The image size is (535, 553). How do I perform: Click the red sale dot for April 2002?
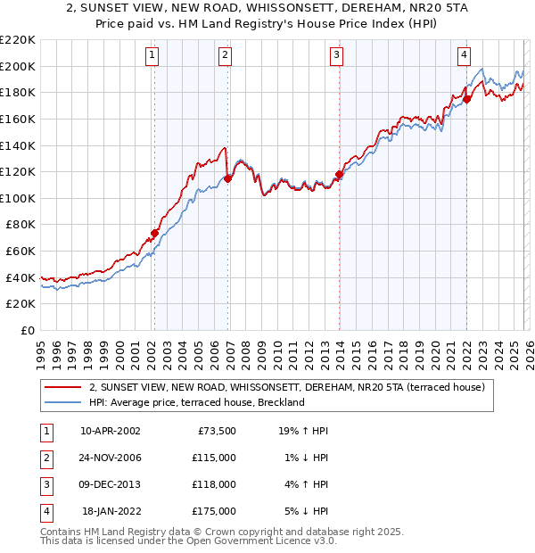(154, 233)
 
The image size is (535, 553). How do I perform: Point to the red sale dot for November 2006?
(227, 178)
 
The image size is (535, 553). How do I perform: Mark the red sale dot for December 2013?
(339, 175)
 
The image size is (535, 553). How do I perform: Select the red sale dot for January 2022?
(467, 99)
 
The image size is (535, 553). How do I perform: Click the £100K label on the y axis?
(18, 198)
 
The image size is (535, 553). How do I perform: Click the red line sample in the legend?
(62, 387)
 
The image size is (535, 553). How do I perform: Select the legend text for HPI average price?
(197, 402)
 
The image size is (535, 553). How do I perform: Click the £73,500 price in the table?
(215, 430)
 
